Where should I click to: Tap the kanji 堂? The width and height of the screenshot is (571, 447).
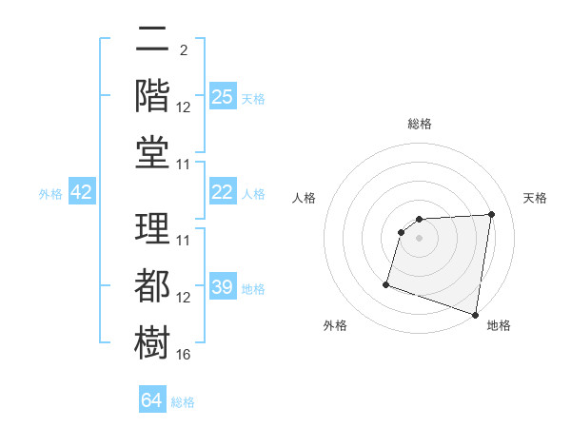(152, 151)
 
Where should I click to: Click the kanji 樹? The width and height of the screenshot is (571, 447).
(152, 340)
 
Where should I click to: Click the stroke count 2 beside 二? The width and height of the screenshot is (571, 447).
(183, 50)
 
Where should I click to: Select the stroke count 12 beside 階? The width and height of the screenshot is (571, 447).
(184, 107)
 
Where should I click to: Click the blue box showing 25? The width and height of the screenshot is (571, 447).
(223, 97)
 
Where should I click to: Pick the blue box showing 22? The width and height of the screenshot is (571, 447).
(223, 192)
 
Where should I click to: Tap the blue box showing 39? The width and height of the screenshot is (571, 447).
(223, 287)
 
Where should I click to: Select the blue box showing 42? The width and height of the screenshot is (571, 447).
(82, 193)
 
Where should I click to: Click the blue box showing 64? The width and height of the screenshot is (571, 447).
(152, 400)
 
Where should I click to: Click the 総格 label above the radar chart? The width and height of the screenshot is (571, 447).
(419, 124)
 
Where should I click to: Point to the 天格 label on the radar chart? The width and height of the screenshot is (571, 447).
(535, 198)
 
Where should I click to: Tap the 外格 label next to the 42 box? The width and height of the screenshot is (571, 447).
(50, 194)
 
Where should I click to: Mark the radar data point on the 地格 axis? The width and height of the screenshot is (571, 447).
(476, 314)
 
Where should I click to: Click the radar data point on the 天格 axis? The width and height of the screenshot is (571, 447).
(491, 214)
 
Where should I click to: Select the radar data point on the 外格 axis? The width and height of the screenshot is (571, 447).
(386, 283)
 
